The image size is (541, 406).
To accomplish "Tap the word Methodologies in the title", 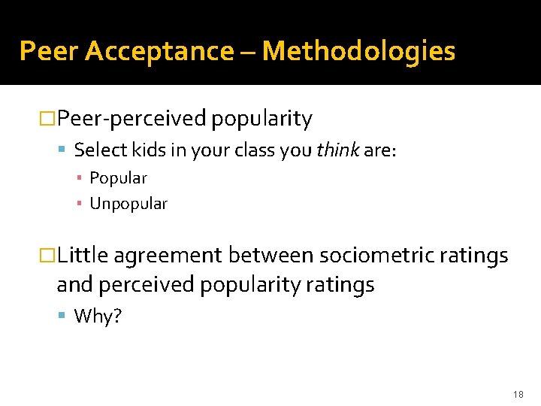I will pos(358,51).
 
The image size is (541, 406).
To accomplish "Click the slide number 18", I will pos(518,393).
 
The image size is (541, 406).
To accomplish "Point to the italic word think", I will pos(337,150).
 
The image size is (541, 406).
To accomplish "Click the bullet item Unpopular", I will pos(128,203).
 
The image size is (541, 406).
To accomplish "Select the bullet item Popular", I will pos(118,178).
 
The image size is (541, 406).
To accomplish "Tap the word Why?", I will pos(98,316).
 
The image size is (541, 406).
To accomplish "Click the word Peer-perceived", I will pos(131,119).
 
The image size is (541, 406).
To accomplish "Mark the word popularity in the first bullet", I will pos(261,119).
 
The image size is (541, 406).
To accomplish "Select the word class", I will pos(252,150).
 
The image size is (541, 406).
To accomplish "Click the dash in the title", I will pos(248,51).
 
